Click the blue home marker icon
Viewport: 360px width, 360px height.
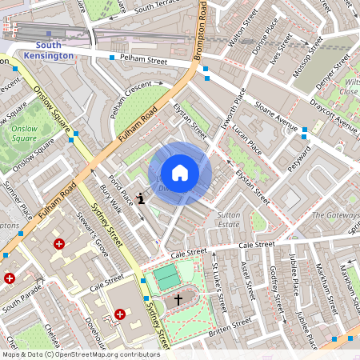click(x=180, y=173)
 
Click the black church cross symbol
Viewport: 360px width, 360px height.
click(x=178, y=298)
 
